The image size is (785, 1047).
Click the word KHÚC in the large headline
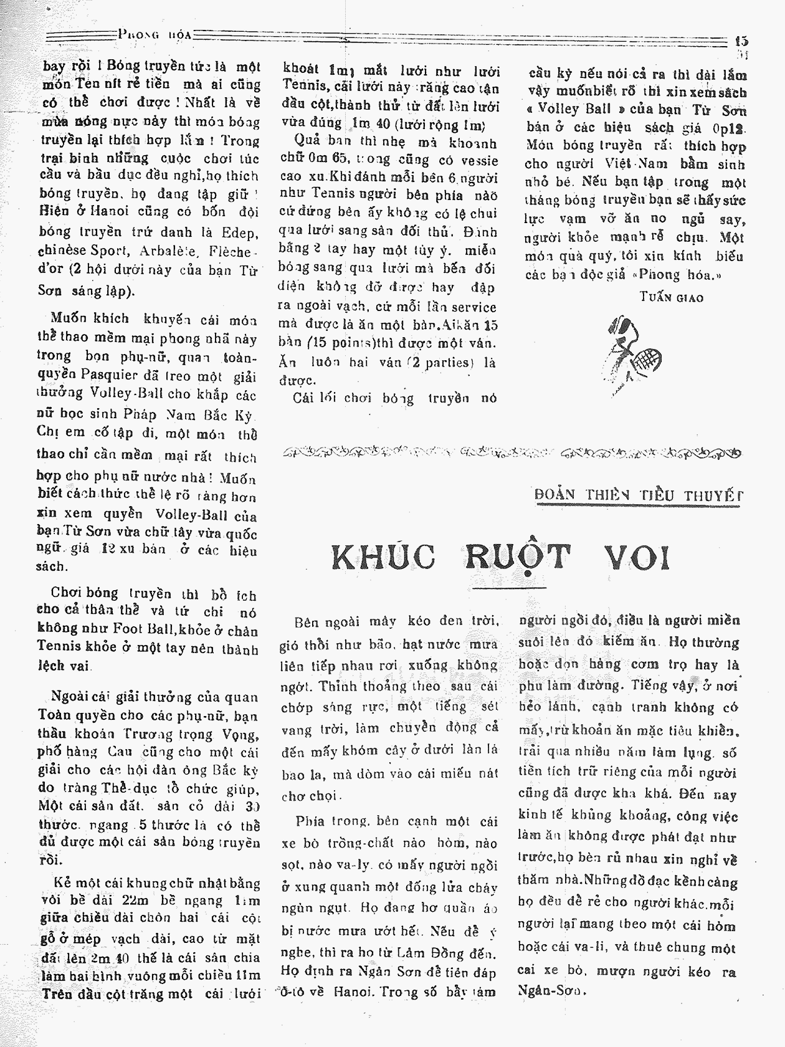point(383,557)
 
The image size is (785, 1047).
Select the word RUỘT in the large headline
point(518,557)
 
